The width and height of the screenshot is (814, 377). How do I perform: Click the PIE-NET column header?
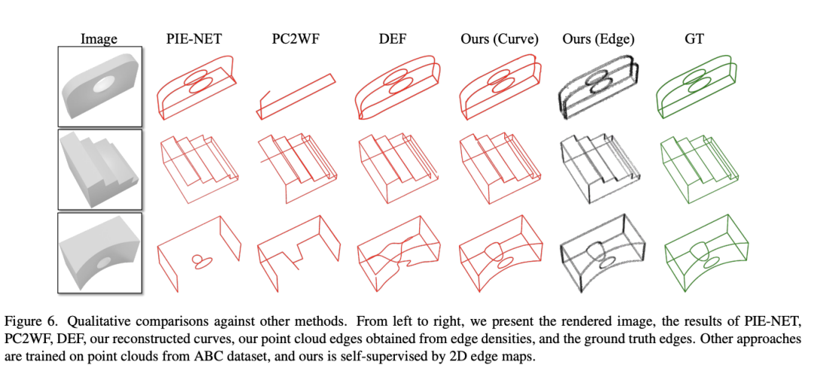194,39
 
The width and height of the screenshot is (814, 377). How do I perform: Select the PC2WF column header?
294,39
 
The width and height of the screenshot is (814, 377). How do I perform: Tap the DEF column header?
396,39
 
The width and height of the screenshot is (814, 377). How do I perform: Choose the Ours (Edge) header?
598,39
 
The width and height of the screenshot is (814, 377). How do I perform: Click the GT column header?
694,39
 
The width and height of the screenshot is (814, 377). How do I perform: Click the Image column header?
99,39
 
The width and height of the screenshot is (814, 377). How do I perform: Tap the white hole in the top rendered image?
106,82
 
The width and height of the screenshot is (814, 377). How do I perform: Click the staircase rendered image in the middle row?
99,167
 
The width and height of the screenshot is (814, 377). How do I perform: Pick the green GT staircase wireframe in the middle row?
699,167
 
